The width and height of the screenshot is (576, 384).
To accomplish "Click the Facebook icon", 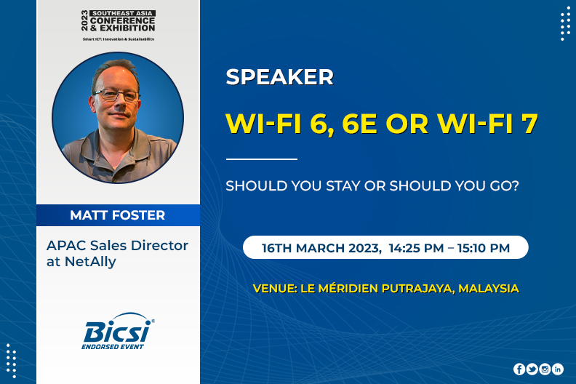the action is click(x=519, y=369).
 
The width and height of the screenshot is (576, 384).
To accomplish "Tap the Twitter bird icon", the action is click(x=532, y=369).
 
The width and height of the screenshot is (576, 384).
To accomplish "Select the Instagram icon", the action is click(x=545, y=369).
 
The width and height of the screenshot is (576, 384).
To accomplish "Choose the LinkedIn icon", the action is click(x=558, y=369).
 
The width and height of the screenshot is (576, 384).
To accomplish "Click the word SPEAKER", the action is click(x=279, y=77).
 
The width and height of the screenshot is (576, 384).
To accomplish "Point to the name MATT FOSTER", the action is click(x=118, y=215).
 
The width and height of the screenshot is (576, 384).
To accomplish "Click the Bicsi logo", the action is click(x=118, y=331).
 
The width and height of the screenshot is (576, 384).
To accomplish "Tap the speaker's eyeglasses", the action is click(x=116, y=95).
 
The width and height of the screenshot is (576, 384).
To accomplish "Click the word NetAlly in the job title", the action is click(x=90, y=262).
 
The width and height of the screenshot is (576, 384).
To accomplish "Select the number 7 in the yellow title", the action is click(x=529, y=124).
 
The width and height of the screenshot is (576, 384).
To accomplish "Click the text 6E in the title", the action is click(x=359, y=124).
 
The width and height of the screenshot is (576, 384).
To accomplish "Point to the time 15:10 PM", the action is click(x=484, y=248).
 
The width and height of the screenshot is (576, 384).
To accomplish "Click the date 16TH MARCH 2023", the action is click(x=320, y=249).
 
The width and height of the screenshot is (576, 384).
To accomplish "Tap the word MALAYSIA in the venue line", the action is click(x=489, y=289).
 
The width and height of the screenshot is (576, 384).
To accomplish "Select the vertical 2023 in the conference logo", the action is click(x=85, y=20).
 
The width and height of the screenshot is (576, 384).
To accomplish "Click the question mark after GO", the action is click(x=515, y=185).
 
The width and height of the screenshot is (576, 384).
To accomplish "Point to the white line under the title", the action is click(x=262, y=159).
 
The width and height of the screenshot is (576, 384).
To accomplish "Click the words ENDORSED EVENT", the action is click(x=113, y=346).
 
